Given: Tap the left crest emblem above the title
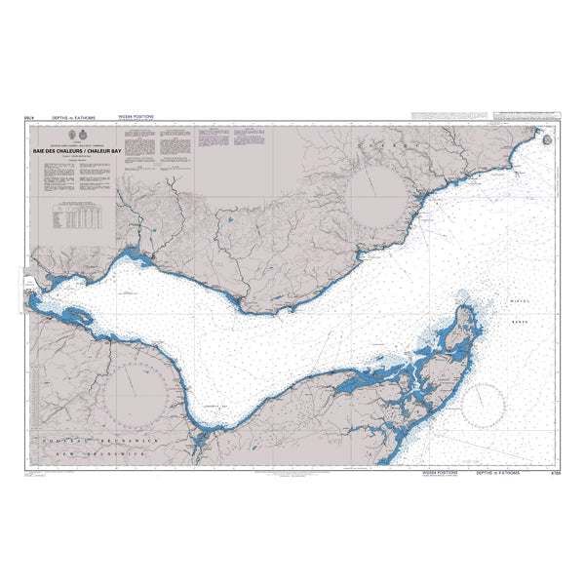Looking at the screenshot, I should (78, 136).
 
